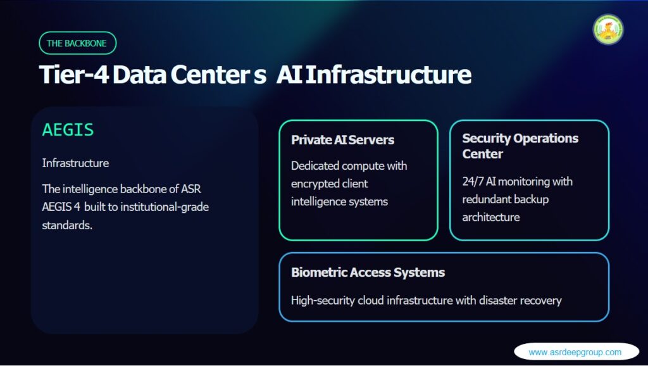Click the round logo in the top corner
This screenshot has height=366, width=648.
click(608, 30)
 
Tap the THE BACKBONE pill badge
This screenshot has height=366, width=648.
click(78, 43)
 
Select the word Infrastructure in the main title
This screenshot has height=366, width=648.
click(389, 75)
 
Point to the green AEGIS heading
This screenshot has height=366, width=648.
click(68, 130)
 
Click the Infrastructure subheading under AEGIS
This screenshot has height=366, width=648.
click(76, 163)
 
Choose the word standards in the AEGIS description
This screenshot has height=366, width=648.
click(67, 225)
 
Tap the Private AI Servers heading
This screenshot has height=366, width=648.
click(342, 140)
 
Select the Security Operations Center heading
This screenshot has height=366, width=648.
click(520, 146)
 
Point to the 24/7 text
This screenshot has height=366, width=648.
click(473, 182)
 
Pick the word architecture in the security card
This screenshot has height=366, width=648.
click(491, 217)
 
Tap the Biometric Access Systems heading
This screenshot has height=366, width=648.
click(368, 272)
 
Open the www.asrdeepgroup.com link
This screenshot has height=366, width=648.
click(575, 352)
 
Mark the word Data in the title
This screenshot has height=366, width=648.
click(139, 75)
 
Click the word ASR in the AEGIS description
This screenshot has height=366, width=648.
click(191, 189)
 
